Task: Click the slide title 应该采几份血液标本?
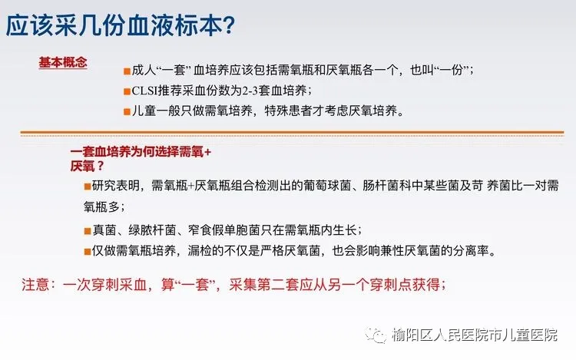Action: pos(120,25)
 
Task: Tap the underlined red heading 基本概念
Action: pos(63,62)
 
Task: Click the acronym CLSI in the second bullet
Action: pos(144,91)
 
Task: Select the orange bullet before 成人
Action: pos(127,71)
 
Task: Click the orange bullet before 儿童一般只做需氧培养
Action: pos(127,112)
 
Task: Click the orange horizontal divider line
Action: pos(292,132)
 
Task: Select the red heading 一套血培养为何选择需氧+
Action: pos(141,152)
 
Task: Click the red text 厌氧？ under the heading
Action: pos(88,167)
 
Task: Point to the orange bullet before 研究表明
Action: pos(88,187)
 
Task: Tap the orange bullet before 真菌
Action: pos(88,231)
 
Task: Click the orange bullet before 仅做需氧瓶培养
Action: pos(88,252)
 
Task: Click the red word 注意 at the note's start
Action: pos(35,285)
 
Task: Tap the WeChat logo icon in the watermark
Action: pos(375,335)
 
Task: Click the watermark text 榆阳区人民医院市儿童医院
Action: pos(475,335)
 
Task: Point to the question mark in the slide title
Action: pos(229,25)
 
